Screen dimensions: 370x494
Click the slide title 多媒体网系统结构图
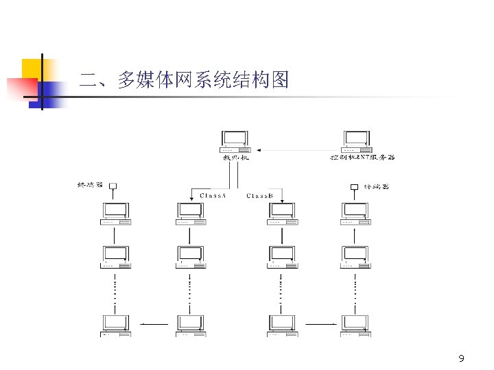[x=184, y=80]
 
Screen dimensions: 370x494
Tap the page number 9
[x=461, y=359]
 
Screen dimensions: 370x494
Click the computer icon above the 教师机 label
[x=235, y=141]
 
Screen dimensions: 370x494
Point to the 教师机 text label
[x=235, y=158]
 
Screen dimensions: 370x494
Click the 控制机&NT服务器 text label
[x=362, y=158]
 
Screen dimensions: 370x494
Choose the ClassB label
[x=260, y=196]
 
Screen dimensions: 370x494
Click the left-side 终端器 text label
[x=90, y=185]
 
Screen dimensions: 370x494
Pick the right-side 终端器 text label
[x=376, y=186]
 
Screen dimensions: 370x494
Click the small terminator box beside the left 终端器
[x=113, y=186]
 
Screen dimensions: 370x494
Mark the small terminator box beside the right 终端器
[x=355, y=186]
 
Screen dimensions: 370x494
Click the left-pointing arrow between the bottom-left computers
[x=154, y=323]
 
